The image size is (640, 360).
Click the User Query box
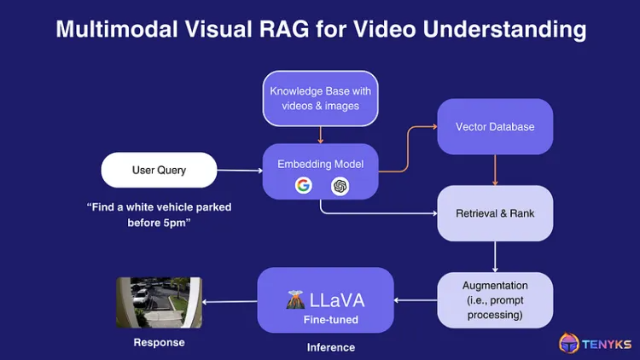point(159,170)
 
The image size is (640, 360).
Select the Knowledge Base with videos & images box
point(320,98)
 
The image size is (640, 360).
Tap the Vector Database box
point(495,127)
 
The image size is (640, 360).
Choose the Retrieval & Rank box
point(495,212)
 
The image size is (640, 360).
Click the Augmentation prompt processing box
point(495,299)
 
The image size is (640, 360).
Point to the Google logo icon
point(303,185)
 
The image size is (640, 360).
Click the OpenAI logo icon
point(340,185)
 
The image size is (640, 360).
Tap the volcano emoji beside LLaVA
point(294,299)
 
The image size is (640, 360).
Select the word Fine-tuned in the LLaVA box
point(326,320)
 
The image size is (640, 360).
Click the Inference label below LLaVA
point(330,347)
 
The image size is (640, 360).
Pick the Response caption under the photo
point(159,342)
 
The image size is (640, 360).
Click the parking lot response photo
point(159,302)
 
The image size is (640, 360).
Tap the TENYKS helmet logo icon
point(569,343)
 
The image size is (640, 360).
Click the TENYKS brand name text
point(607,343)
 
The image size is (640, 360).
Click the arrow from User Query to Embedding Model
point(239,171)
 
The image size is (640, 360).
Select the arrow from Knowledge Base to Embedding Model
point(320,135)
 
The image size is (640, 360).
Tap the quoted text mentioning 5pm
point(159,214)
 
